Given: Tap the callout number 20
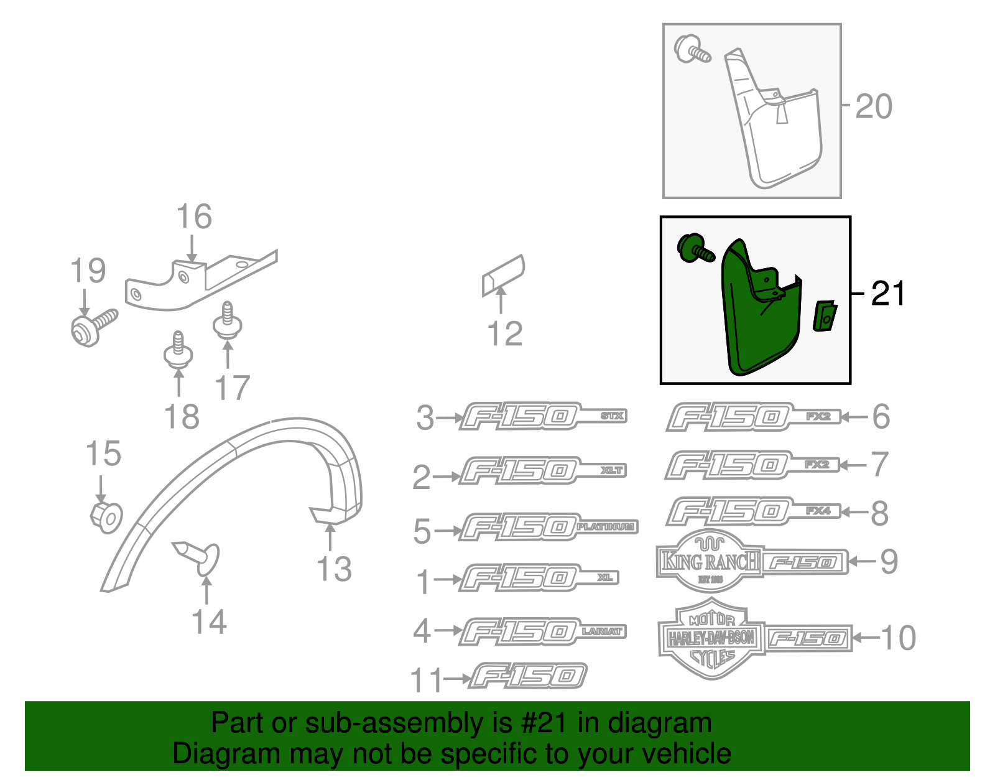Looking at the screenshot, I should (x=873, y=106).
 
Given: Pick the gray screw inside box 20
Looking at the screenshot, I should (x=692, y=49).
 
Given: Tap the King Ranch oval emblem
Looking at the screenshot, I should (x=709, y=561).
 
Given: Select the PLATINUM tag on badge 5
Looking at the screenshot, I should (x=605, y=527).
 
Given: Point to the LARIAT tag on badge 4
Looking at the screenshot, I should (x=601, y=631).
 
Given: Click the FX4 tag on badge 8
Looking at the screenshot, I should (x=818, y=511).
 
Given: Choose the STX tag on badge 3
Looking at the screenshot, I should (x=613, y=416).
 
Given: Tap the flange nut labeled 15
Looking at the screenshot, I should (x=106, y=516).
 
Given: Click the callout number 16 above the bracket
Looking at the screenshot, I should (x=194, y=217).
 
